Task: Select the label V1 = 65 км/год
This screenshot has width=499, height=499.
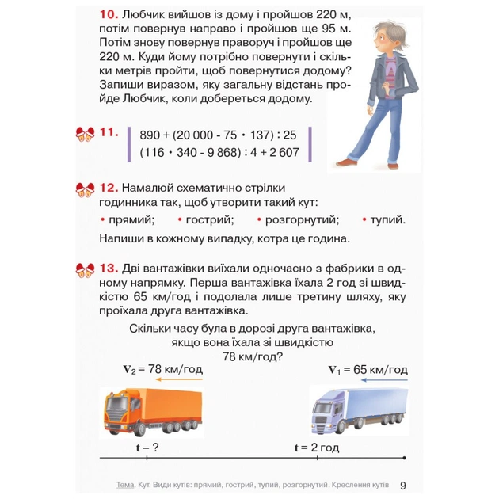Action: pyautogui.click(x=367, y=370)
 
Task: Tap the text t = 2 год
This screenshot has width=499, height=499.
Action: pyautogui.click(x=316, y=448)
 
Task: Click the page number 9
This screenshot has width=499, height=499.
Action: pyautogui.click(x=403, y=485)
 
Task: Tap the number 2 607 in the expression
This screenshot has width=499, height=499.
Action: pyautogui.click(x=279, y=152)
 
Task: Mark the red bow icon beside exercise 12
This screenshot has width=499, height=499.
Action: pyautogui.click(x=85, y=189)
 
